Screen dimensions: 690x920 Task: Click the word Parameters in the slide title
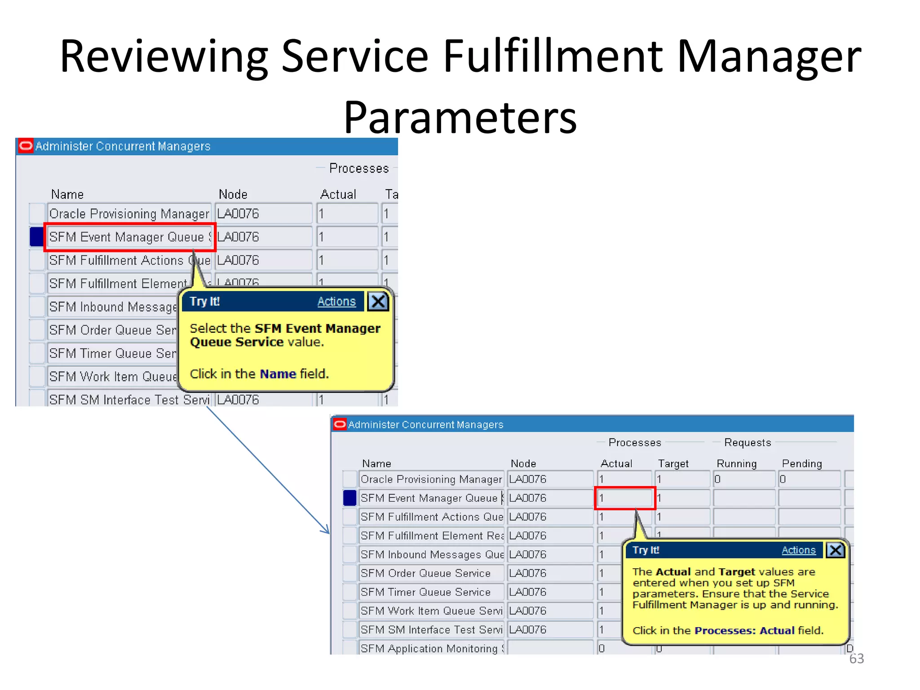click(x=460, y=118)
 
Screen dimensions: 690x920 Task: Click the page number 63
click(x=856, y=659)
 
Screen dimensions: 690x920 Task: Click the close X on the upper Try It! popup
click(x=378, y=301)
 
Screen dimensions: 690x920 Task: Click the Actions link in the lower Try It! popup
click(x=798, y=550)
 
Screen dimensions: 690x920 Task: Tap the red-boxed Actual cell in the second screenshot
click(x=625, y=498)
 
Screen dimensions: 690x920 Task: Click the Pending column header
click(x=802, y=464)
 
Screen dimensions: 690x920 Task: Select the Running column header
click(x=736, y=464)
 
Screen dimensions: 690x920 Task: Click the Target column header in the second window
click(x=673, y=464)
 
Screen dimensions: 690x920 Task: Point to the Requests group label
click(x=747, y=442)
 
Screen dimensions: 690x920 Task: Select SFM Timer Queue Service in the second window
click(x=425, y=592)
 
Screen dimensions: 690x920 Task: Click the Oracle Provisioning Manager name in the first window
click(x=129, y=214)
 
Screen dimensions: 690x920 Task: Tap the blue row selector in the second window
click(x=349, y=498)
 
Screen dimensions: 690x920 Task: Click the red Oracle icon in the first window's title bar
click(x=26, y=146)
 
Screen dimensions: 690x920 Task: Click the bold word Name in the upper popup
click(x=278, y=374)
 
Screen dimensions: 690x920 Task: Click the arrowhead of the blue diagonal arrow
click(x=327, y=531)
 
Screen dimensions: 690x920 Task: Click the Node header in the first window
click(x=233, y=195)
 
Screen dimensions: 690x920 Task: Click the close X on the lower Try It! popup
click(x=836, y=550)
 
